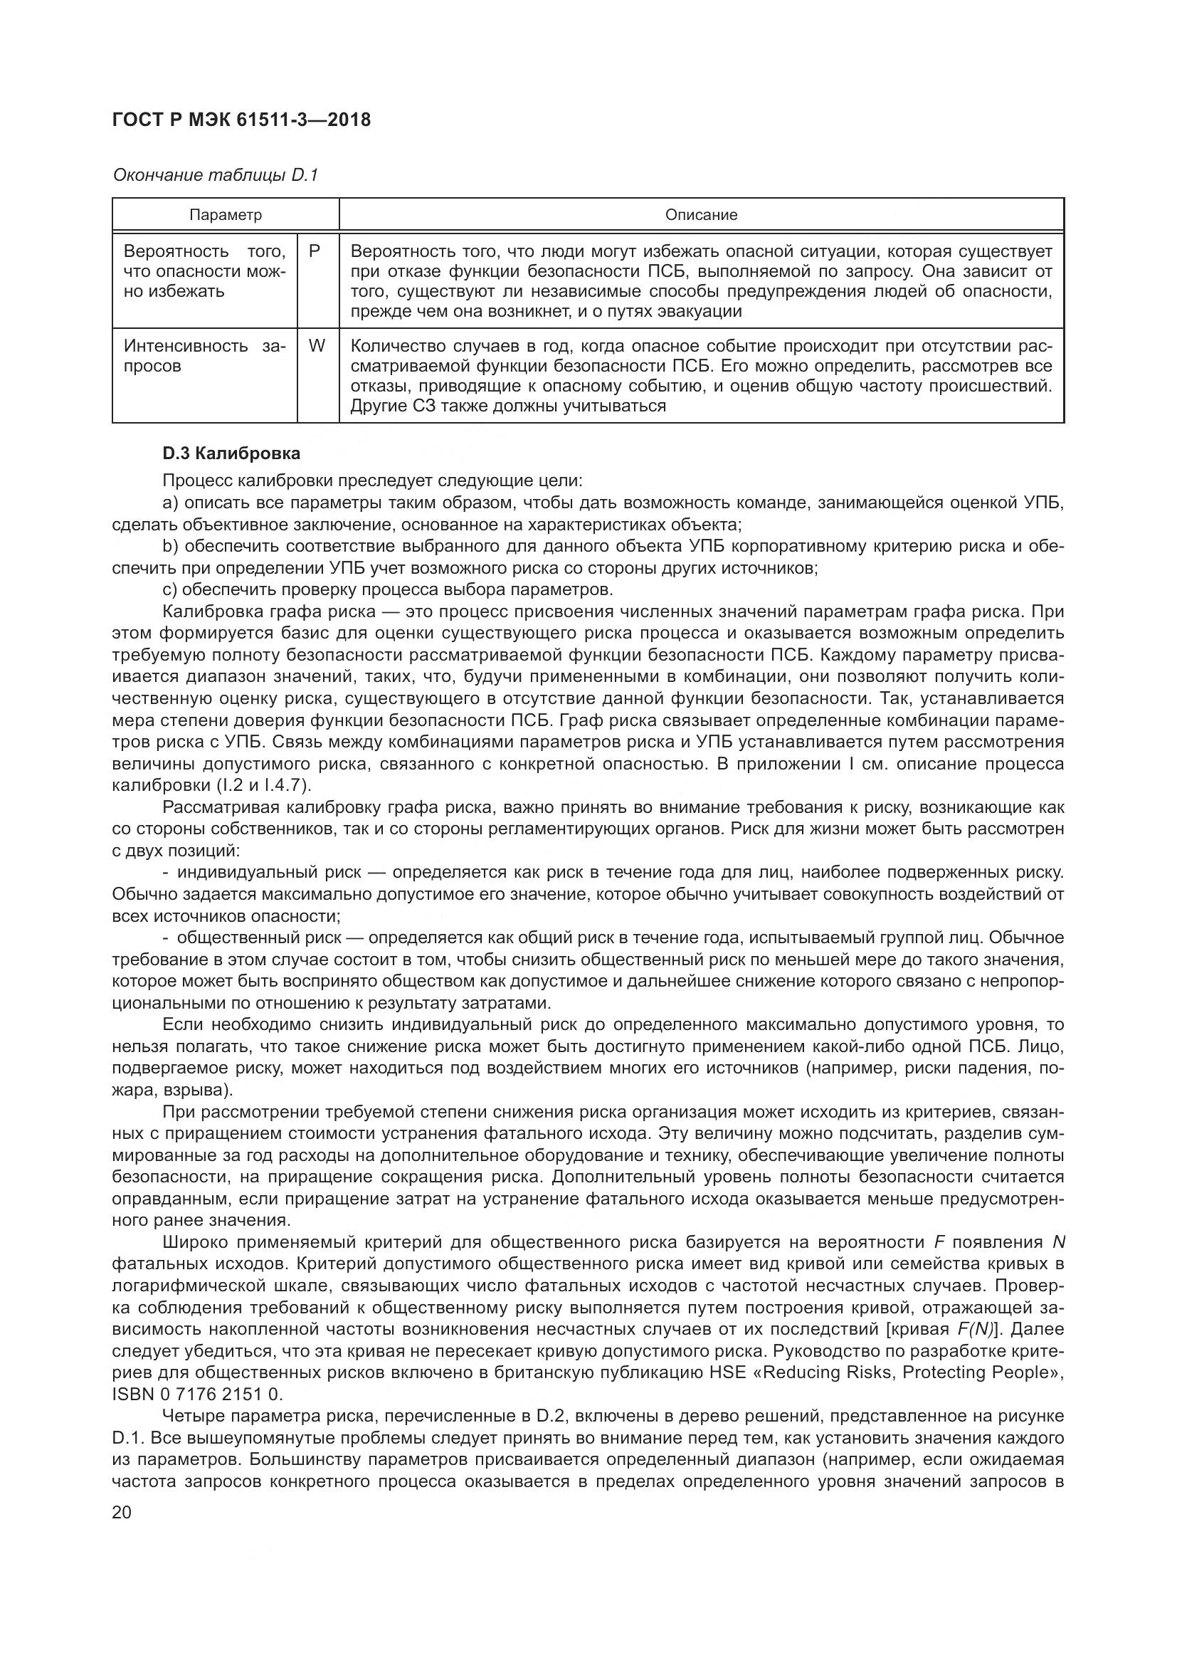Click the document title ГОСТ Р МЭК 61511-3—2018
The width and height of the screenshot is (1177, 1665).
pos(241,120)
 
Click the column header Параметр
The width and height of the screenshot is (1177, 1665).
pos(226,215)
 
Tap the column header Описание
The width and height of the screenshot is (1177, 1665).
pos(701,215)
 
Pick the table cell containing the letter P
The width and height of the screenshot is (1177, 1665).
pos(315,251)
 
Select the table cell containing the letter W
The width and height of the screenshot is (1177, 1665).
pos(317,346)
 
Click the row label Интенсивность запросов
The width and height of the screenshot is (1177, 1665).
pos(204,355)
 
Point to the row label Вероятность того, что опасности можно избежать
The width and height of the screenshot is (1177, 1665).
pos(204,271)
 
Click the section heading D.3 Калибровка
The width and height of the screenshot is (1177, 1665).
pos(231,454)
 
